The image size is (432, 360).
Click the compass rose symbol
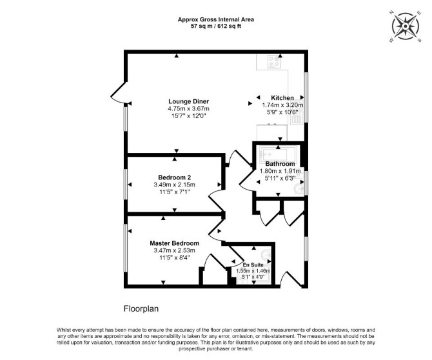tap(406, 26)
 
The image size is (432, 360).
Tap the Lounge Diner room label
tap(189, 101)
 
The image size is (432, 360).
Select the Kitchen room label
tap(282, 98)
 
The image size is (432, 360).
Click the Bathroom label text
tap(280, 164)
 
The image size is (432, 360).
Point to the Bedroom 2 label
tap(174, 177)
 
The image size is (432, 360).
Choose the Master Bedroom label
tap(174, 243)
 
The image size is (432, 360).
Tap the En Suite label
tap(253, 265)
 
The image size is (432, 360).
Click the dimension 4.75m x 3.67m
tap(189, 108)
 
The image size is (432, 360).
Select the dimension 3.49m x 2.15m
tap(174, 185)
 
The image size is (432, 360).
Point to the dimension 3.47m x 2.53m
tap(174, 250)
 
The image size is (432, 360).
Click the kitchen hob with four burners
tap(274, 62)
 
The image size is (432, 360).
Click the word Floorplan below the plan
tap(141, 309)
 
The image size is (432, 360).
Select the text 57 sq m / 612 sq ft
tap(216, 26)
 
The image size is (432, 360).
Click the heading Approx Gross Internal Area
tap(216, 19)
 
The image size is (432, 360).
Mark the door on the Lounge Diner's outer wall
tap(118, 92)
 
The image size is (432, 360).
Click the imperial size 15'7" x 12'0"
tap(189, 116)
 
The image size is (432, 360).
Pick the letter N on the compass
tap(391, 12)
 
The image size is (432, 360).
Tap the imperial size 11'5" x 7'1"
tap(174, 192)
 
